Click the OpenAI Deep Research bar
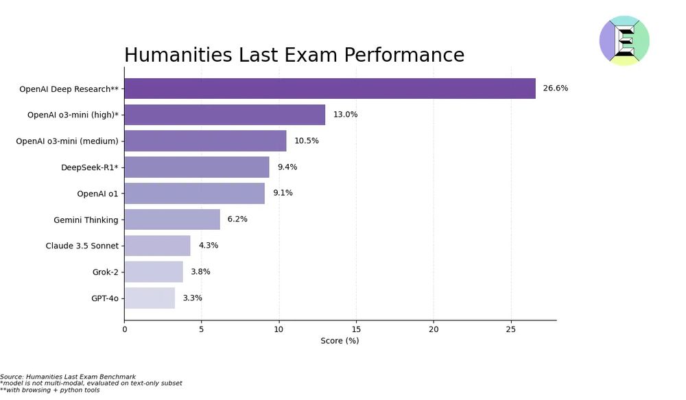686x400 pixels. click(329, 89)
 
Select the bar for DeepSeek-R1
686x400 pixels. click(197, 167)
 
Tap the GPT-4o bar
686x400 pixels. click(150, 298)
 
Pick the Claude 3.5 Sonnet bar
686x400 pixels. click(157, 246)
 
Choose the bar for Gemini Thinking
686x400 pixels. click(172, 220)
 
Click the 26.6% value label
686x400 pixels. click(555, 89)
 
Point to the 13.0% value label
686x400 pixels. click(345, 115)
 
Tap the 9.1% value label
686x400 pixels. click(283, 193)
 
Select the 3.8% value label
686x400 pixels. click(200, 272)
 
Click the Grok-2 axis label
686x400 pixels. click(105, 272)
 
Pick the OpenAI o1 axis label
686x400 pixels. click(97, 193)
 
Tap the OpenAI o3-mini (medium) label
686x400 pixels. click(67, 141)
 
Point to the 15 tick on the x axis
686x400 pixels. click(356, 329)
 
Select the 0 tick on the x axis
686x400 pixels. click(125, 329)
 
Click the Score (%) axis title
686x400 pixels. click(340, 341)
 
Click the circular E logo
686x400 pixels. click(624, 40)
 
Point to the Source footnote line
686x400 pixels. click(68, 377)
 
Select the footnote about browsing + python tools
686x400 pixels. click(50, 390)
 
